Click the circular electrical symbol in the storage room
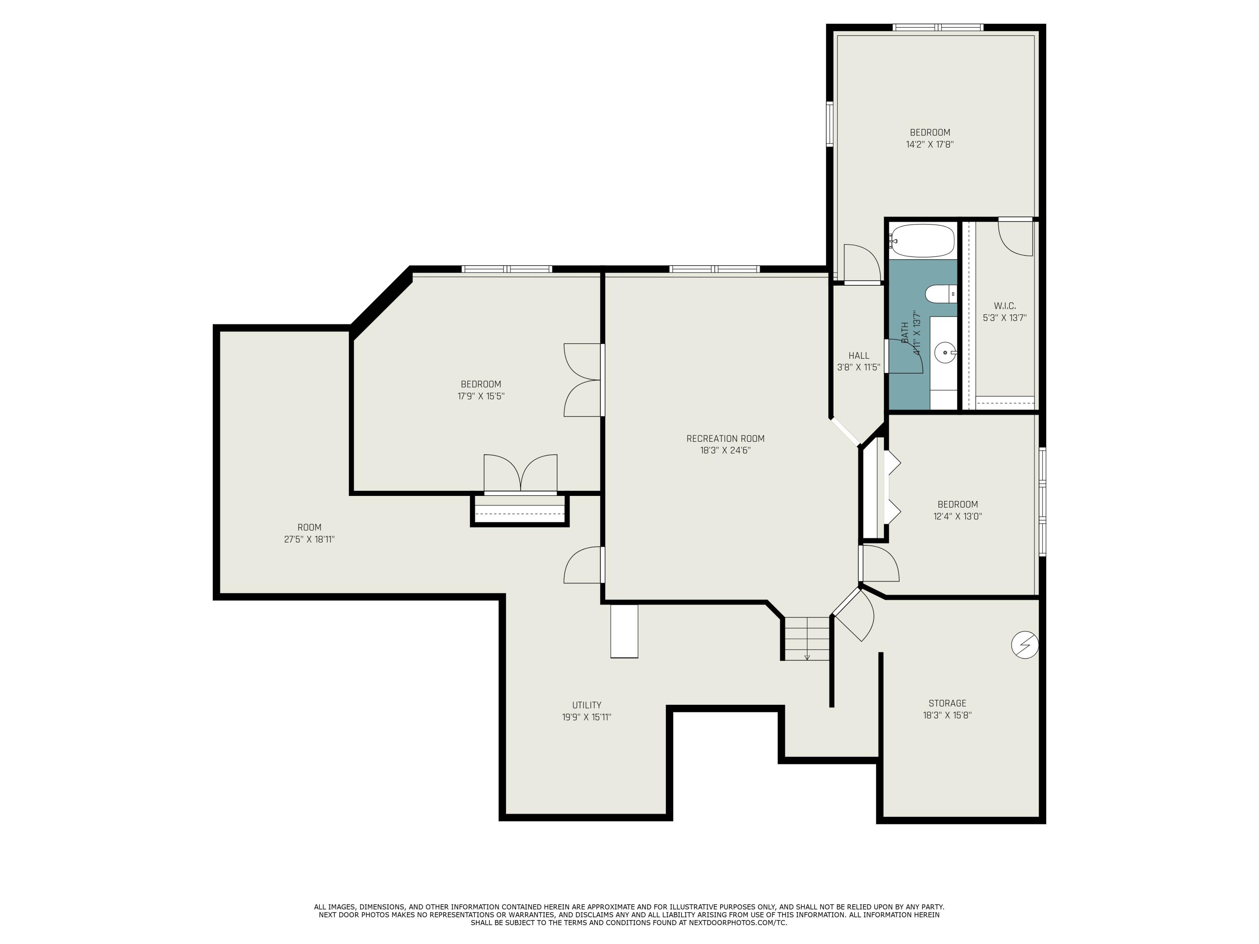pos(1024,645)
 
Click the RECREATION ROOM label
pos(725,438)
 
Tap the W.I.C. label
pos(1005,305)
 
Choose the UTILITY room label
pos(586,705)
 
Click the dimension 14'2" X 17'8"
pos(930,144)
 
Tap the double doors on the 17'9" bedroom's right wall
pos(582,380)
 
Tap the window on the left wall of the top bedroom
pos(830,124)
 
